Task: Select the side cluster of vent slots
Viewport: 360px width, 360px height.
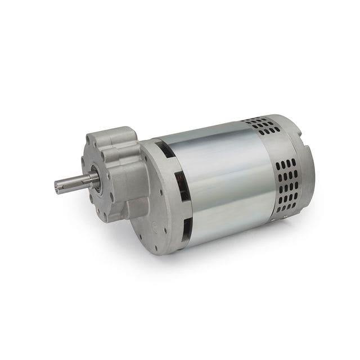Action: (287, 186)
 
